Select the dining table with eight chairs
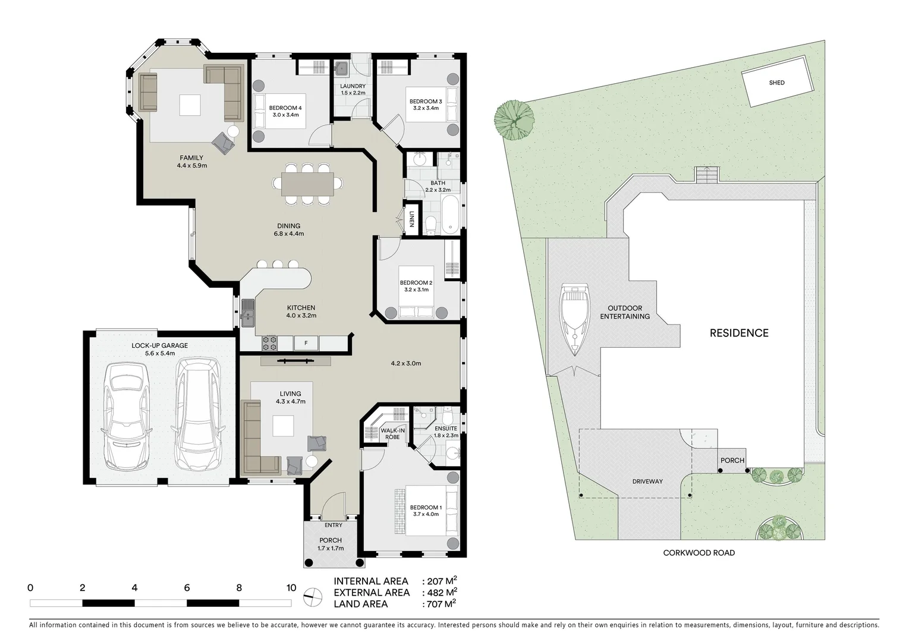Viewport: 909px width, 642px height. click(307, 184)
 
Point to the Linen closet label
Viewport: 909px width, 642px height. click(411, 220)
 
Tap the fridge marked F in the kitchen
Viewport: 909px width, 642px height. click(306, 343)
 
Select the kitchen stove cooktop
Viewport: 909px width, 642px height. click(270, 343)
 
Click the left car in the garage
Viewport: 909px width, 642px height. click(125, 416)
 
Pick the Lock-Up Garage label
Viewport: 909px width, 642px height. click(159, 345)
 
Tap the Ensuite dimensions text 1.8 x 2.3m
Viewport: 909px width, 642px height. click(446, 436)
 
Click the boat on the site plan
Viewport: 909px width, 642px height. click(574, 319)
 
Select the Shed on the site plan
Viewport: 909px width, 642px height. click(777, 82)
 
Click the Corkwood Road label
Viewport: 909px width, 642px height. click(699, 553)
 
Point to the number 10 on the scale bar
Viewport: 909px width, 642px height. click(291, 588)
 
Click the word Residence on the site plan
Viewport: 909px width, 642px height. click(739, 333)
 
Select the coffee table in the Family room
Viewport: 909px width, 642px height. click(190, 106)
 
